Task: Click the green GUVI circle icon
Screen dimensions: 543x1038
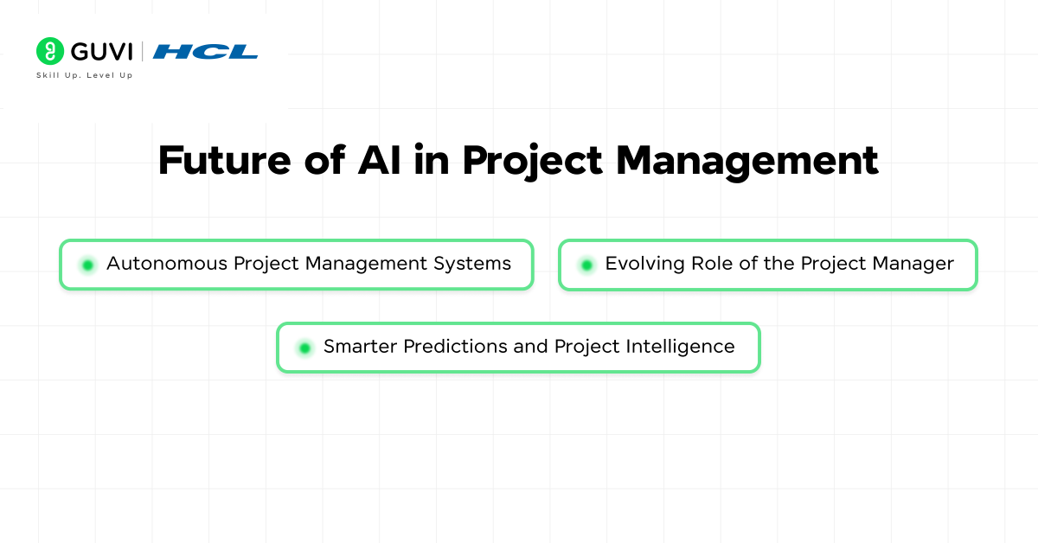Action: click(x=50, y=51)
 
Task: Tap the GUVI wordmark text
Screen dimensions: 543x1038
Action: click(x=101, y=51)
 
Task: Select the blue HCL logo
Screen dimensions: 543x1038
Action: click(x=205, y=52)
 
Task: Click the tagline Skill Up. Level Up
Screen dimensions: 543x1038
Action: click(x=84, y=75)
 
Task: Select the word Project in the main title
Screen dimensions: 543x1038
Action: click(x=529, y=161)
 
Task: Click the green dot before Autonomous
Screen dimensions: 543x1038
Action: click(x=87, y=265)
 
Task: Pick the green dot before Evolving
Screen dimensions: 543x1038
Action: click(x=586, y=265)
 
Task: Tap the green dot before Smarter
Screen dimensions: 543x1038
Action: click(x=304, y=348)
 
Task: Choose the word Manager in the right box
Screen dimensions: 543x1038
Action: click(x=913, y=264)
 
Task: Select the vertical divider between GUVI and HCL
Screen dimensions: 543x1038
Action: click(x=143, y=52)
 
